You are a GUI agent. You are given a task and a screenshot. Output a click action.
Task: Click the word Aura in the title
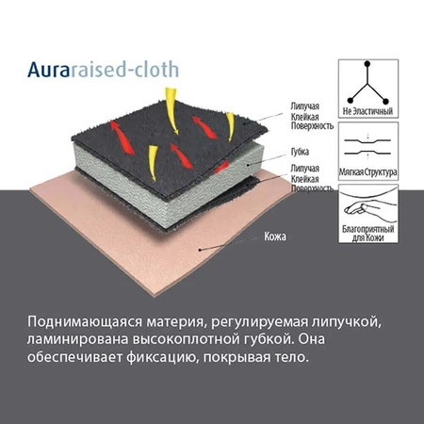point(48,70)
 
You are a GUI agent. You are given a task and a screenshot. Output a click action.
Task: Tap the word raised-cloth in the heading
point(124,69)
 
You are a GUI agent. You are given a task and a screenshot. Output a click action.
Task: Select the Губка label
point(300,152)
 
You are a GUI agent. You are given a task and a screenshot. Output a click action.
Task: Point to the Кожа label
point(275,236)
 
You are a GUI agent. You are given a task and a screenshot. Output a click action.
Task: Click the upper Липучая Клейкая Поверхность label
point(312,116)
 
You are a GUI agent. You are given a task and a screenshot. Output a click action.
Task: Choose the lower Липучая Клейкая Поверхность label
point(312,178)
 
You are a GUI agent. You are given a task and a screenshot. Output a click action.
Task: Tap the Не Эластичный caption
point(367,111)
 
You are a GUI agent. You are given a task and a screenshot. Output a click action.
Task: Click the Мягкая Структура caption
point(367,172)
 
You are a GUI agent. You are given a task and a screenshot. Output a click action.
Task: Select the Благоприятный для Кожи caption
point(367,233)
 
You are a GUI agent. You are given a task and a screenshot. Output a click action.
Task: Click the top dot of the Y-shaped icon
point(367,64)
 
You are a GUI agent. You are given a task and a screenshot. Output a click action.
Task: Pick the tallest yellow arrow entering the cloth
point(171,111)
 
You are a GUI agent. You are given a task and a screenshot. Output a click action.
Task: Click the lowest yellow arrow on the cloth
point(153,163)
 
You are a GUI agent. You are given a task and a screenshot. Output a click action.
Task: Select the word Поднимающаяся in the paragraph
point(82,322)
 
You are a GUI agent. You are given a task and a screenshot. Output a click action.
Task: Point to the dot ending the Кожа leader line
point(200,250)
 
